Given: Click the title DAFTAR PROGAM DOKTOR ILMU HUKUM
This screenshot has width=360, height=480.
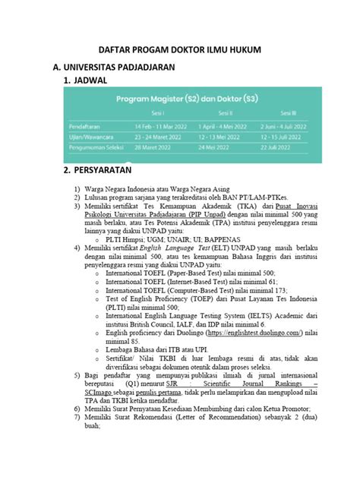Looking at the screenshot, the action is tap(180, 50).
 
